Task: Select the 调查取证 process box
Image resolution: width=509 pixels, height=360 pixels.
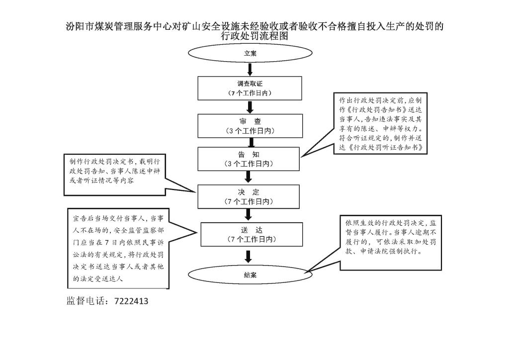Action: [250, 88]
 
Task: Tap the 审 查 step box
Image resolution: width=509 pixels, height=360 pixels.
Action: [250, 126]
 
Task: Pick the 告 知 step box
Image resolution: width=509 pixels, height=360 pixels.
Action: [250, 159]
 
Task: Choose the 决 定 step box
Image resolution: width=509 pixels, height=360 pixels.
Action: [250, 196]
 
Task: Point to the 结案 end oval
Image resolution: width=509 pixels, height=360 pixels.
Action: [250, 275]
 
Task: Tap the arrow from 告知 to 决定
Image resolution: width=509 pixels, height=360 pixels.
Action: [250, 177]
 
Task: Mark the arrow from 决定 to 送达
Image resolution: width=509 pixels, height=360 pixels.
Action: [250, 215]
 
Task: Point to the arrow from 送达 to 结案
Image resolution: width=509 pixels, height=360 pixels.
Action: [250, 256]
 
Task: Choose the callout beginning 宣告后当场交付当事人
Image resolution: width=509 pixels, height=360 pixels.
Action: [118, 249]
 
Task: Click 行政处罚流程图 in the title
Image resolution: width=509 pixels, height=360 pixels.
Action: [254, 36]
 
